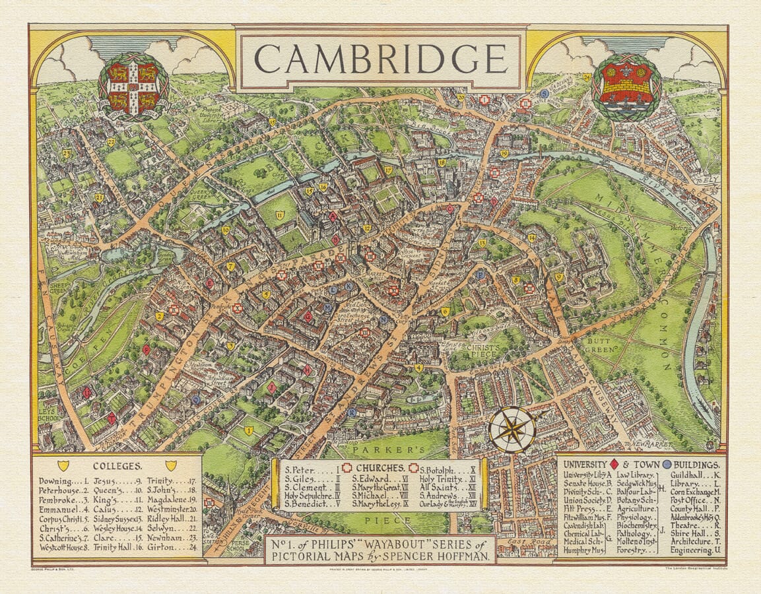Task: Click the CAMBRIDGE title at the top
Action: click(x=380, y=59)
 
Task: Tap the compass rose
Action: click(x=513, y=430)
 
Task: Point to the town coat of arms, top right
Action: click(x=626, y=86)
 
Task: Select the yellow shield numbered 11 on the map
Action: click(x=280, y=214)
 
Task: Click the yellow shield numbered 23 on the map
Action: click(x=66, y=154)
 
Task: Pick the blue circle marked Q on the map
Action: click(x=195, y=399)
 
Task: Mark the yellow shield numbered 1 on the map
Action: click(x=249, y=431)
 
